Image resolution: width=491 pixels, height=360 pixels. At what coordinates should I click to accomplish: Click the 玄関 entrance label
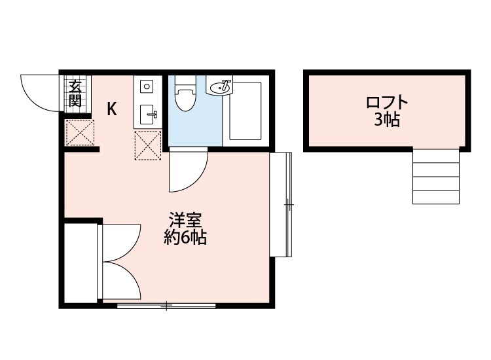click(75, 94)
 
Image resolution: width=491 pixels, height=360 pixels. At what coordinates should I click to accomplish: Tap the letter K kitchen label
click(113, 109)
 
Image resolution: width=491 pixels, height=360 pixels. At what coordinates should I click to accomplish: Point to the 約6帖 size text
click(185, 238)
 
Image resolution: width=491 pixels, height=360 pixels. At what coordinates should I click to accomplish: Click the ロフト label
click(387, 103)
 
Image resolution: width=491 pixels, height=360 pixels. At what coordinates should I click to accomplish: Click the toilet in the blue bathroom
click(185, 98)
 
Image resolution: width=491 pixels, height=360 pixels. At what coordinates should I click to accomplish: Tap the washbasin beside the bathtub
click(220, 86)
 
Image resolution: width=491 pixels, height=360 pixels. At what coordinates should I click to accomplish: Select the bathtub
click(245, 111)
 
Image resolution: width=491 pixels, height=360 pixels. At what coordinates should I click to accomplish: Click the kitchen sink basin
click(147, 115)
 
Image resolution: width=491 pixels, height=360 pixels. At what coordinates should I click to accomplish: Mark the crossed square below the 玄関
click(81, 133)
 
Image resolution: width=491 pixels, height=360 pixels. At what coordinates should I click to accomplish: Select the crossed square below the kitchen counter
click(148, 145)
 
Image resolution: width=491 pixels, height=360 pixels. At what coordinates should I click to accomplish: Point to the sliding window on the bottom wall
click(166, 305)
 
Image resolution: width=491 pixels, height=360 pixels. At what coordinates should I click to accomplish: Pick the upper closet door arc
click(121, 242)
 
